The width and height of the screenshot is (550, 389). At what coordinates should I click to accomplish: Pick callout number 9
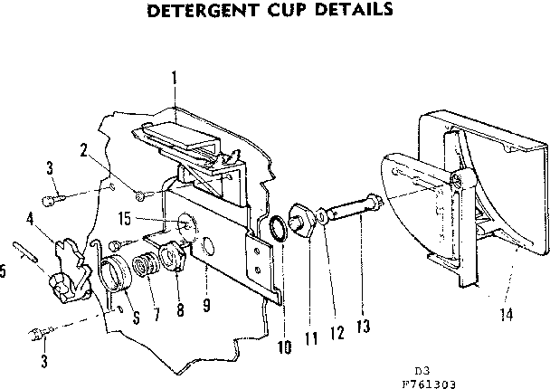pos(207,306)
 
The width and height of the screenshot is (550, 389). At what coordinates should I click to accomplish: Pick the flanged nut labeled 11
pos(300,220)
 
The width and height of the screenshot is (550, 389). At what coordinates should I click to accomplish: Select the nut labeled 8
pos(172,257)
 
